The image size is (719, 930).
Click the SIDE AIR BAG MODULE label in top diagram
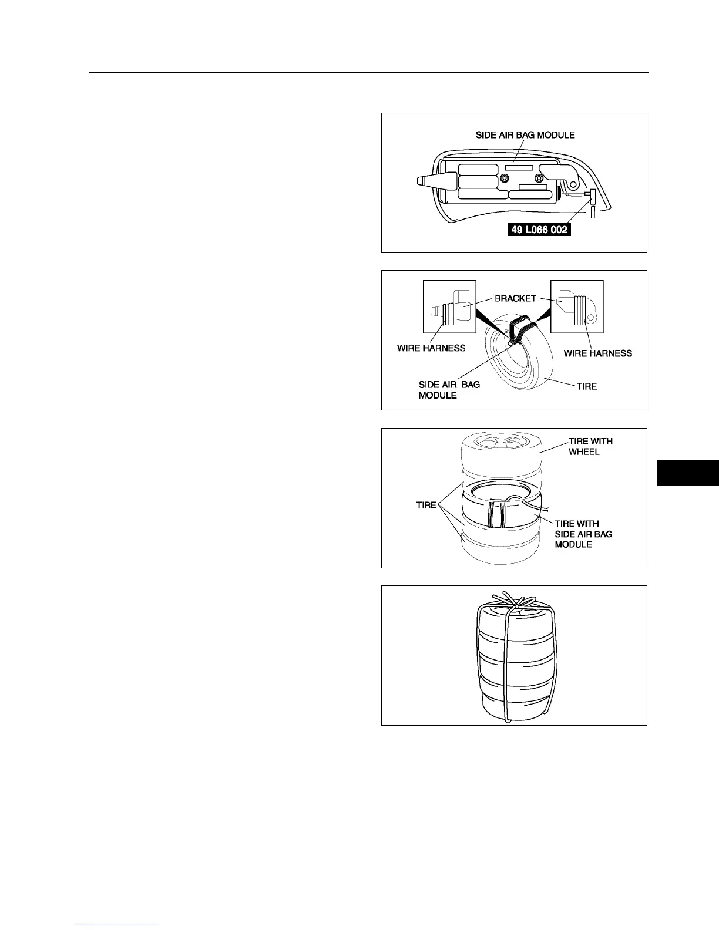(x=525, y=135)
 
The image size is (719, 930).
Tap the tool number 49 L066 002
(x=539, y=230)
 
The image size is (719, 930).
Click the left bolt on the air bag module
(x=505, y=178)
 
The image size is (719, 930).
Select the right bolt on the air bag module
(x=540, y=178)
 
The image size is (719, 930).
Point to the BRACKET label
(x=515, y=298)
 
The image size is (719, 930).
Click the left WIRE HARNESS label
(x=431, y=348)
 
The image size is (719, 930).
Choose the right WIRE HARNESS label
(x=598, y=353)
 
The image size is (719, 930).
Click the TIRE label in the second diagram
(x=587, y=386)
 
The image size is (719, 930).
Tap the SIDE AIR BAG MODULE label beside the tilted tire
(x=449, y=390)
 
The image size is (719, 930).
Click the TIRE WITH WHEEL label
(x=590, y=446)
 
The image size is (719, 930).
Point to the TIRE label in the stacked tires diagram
(x=426, y=504)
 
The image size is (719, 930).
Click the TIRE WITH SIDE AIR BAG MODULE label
(x=583, y=534)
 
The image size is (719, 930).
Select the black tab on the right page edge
(x=687, y=474)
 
